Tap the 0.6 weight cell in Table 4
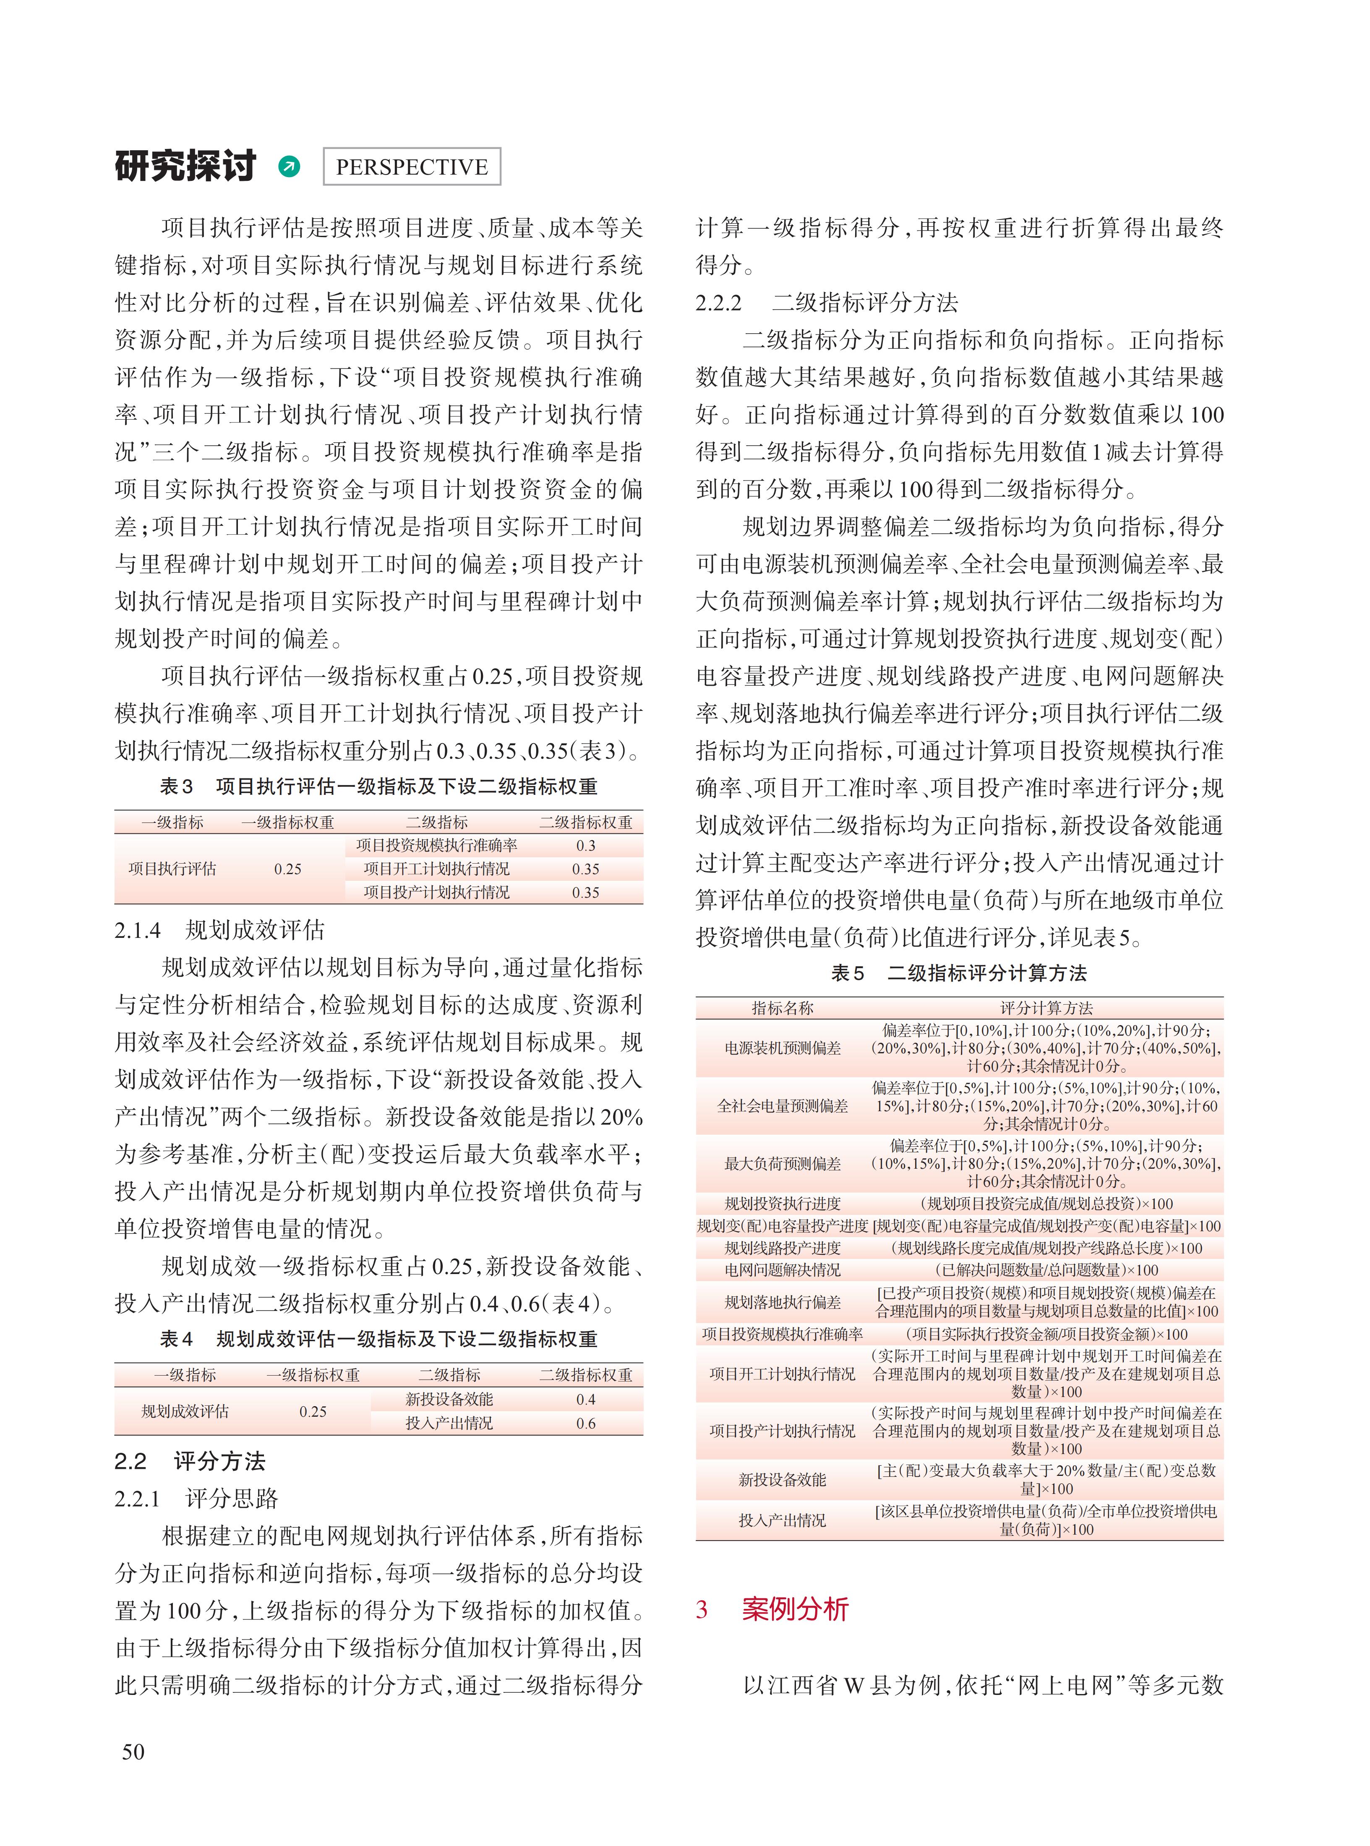(585, 1423)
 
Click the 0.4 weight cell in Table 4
(585, 1399)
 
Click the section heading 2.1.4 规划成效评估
(220, 930)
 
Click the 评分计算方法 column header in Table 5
(1046, 1008)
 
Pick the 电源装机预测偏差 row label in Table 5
(782, 1048)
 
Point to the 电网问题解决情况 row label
(782, 1270)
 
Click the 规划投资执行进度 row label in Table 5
(782, 1203)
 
